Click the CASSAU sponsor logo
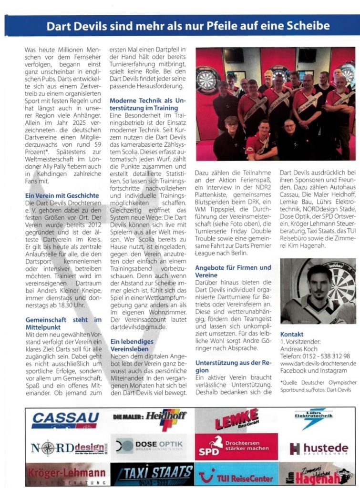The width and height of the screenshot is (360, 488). [65, 419]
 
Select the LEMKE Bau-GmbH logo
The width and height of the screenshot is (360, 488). [236, 419]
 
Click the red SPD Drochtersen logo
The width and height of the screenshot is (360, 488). [236, 447]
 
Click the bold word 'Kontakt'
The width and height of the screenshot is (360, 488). [291, 335]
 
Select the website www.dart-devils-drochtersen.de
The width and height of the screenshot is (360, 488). [318, 363]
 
